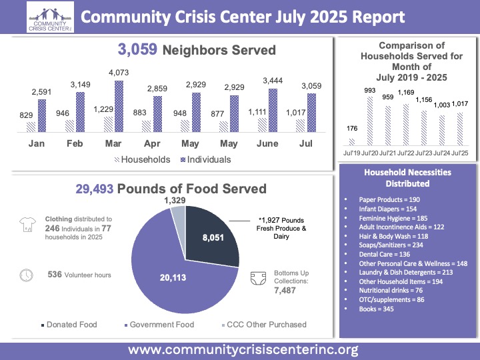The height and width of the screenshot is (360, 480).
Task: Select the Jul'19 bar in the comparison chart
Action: (352, 141)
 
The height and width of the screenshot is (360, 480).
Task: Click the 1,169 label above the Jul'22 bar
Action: (405, 93)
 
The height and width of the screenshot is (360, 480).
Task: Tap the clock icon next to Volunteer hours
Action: (27, 274)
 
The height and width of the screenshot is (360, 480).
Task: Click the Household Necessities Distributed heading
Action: (407, 177)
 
